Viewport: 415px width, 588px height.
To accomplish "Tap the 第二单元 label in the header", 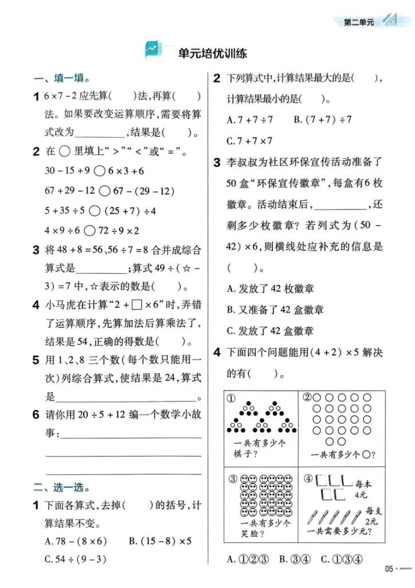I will click(x=358, y=23).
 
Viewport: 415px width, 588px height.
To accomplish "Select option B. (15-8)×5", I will click(x=160, y=541).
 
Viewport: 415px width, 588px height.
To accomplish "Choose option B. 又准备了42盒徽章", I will click(x=275, y=310).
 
